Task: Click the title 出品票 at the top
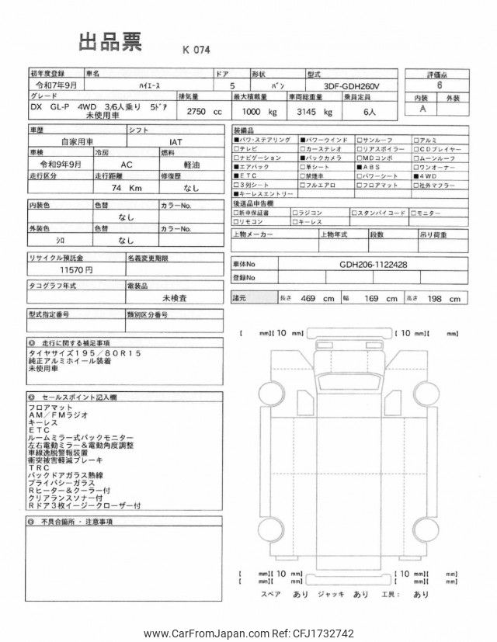(109, 43)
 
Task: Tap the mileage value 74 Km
(123, 187)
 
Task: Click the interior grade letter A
(422, 109)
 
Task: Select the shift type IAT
(177, 142)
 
